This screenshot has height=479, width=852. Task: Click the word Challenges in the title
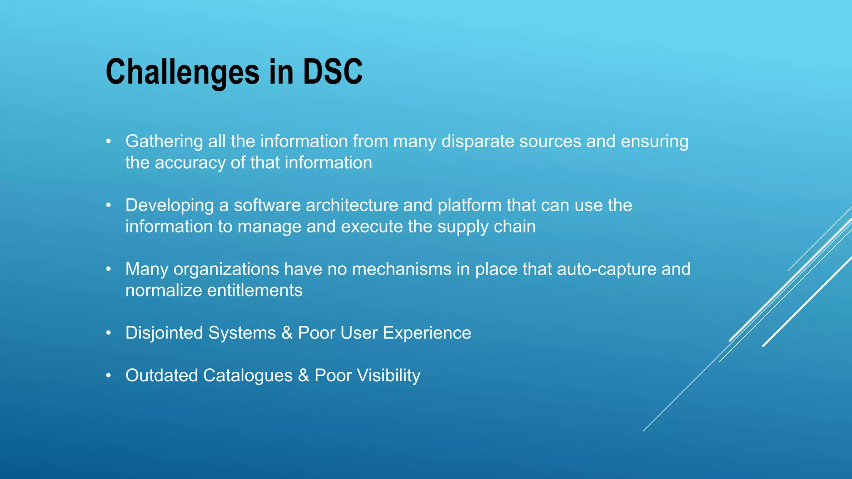(183, 72)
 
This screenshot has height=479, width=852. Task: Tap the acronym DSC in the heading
(332, 72)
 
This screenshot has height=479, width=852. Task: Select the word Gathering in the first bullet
(164, 142)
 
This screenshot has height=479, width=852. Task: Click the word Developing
(170, 205)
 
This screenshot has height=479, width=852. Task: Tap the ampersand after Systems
(287, 333)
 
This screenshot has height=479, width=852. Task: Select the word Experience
(427, 333)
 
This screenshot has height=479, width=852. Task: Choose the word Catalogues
(248, 375)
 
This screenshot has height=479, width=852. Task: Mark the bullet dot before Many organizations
(109, 269)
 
